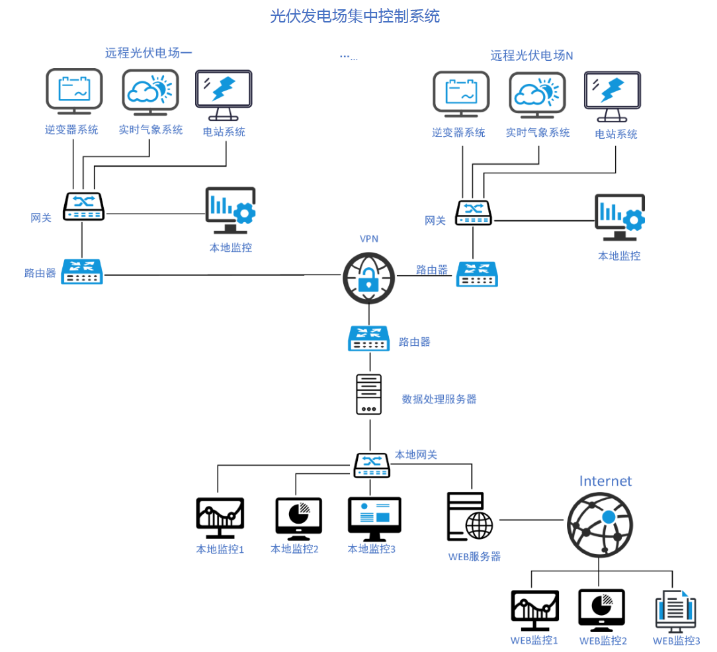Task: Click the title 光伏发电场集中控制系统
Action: pyautogui.click(x=355, y=16)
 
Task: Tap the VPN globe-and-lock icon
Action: pyautogui.click(x=368, y=278)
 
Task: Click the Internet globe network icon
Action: pyautogui.click(x=599, y=526)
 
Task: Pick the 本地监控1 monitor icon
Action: pyautogui.click(x=220, y=518)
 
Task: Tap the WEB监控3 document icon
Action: pyautogui.click(x=675, y=610)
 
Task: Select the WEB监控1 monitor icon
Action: pyautogui.click(x=534, y=611)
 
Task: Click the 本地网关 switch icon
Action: pyautogui.click(x=372, y=465)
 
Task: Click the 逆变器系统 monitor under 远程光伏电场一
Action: pyautogui.click(x=73, y=92)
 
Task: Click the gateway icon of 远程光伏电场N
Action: pyautogui.click(x=473, y=212)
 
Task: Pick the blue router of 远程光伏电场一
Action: pyautogui.click(x=83, y=271)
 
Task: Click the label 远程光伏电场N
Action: pyautogui.click(x=531, y=56)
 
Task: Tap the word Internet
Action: pyautogui.click(x=605, y=481)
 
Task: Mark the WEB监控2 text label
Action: pyautogui.click(x=603, y=641)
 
